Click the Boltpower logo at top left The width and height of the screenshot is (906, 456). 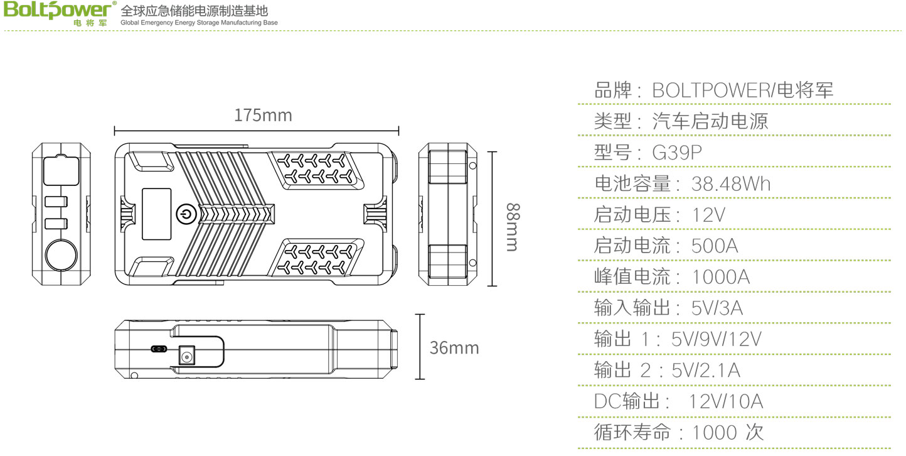click(60, 13)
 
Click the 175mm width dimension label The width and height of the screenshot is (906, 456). click(263, 116)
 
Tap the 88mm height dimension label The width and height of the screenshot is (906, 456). click(513, 227)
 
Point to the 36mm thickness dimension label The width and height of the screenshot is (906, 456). click(454, 347)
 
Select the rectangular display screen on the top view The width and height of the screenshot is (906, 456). click(156, 214)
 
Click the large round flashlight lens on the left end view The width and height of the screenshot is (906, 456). click(61, 255)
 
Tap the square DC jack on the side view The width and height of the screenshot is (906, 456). click(187, 356)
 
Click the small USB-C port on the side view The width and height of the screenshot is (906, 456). click(158, 349)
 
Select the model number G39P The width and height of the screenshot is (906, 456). click(677, 153)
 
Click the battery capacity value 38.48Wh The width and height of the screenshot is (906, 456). click(731, 183)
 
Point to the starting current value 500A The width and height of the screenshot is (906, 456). click(714, 246)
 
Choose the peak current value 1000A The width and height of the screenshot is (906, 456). click(721, 276)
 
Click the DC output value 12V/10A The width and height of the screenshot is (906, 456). click(726, 401)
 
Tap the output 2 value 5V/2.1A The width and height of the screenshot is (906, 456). click(706, 370)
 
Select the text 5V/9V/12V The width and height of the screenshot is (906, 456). click(717, 339)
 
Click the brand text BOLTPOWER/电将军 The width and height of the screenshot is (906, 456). click(743, 90)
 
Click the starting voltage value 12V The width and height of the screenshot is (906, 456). click(708, 215)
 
